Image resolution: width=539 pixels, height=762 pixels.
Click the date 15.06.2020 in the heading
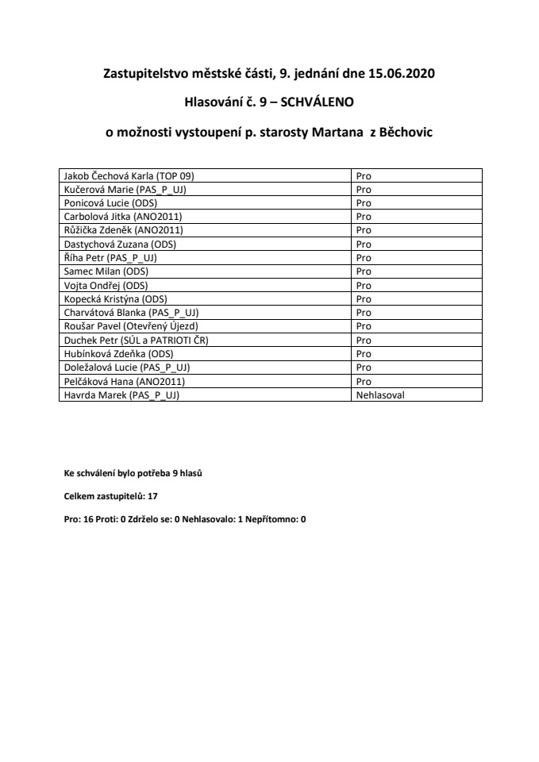(402, 75)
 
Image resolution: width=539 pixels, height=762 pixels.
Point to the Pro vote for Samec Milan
(364, 271)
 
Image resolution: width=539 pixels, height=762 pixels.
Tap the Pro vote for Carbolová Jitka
(364, 217)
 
